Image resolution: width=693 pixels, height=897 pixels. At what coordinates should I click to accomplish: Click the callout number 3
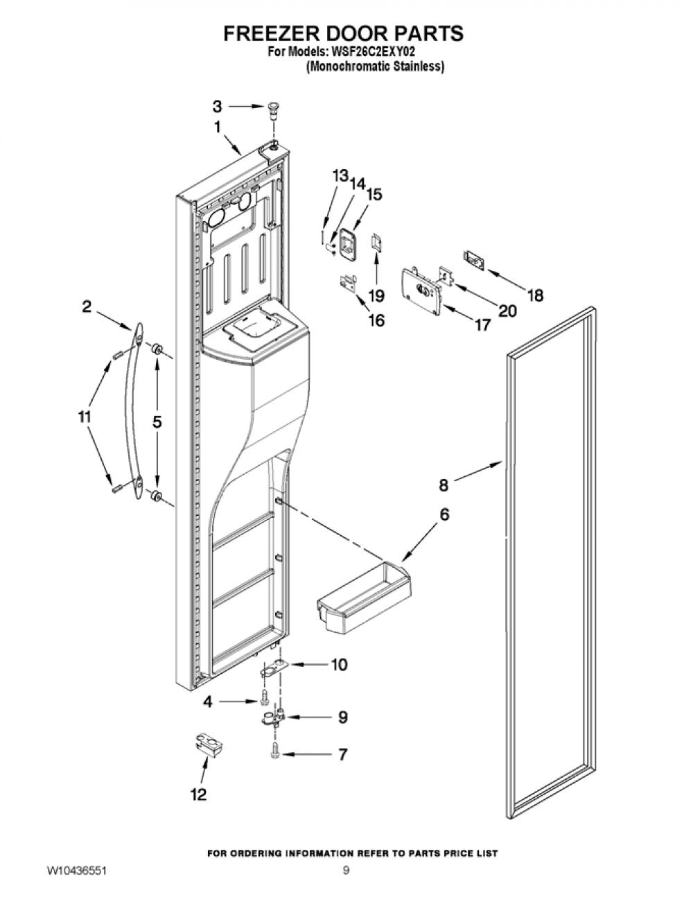[x=218, y=106]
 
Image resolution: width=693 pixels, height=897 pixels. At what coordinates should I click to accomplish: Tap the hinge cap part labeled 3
[x=272, y=110]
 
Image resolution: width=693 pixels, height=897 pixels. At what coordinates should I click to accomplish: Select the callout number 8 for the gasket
[x=444, y=485]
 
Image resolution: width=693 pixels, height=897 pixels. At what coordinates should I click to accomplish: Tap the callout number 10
[x=339, y=664]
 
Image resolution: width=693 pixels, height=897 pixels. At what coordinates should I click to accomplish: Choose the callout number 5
[x=157, y=421]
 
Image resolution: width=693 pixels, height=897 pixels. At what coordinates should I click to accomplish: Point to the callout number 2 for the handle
[x=87, y=306]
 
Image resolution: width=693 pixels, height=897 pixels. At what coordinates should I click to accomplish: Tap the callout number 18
[x=536, y=295]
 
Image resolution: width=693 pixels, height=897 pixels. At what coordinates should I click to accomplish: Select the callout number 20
[x=507, y=311]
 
